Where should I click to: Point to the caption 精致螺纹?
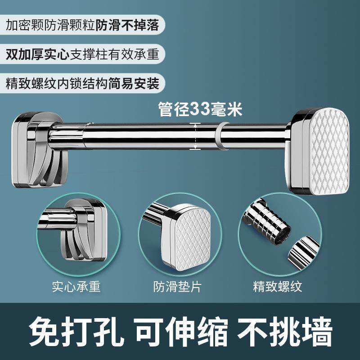(x=277, y=287)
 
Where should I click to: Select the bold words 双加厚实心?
(x=36, y=54)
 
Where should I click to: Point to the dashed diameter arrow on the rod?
(x=195, y=137)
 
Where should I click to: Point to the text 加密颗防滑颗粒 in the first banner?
(x=49, y=25)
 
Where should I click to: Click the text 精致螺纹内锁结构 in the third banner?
(x=57, y=84)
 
